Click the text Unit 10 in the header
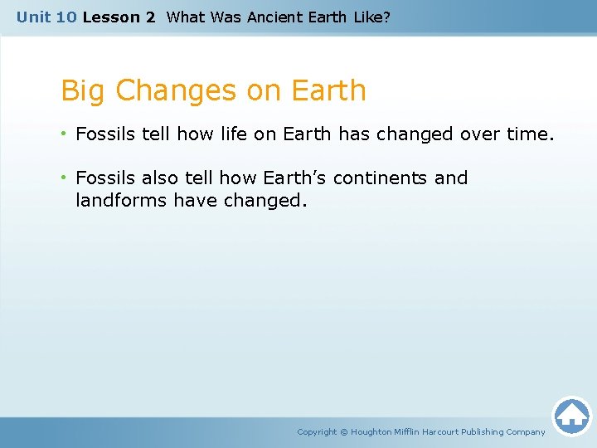46,17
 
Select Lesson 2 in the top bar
119,17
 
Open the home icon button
571,415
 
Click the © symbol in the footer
344,431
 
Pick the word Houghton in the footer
376,431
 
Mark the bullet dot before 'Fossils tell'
65,134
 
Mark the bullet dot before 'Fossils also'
65,178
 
